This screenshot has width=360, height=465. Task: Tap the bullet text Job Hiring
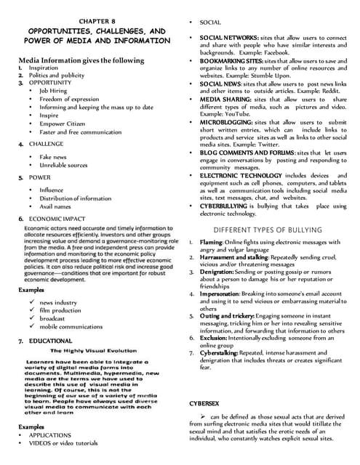tap(55, 92)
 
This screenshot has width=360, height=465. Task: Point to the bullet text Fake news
tap(53, 156)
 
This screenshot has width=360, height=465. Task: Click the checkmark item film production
tap(60, 310)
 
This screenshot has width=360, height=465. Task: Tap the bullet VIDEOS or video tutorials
tap(63, 442)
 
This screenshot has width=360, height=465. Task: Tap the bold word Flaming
tap(212, 242)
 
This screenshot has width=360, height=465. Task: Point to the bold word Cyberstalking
tap(220, 352)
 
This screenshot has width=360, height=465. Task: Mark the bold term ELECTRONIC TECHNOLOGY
tap(233, 175)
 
